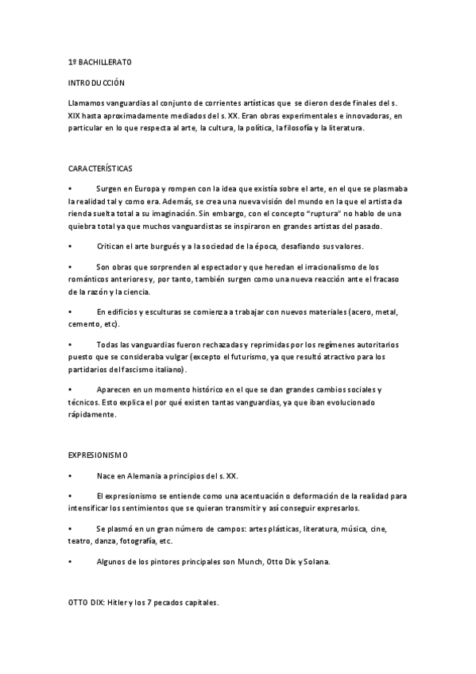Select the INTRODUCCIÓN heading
tap(96, 83)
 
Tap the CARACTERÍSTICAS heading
tap(101, 169)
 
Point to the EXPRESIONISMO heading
tap(99, 455)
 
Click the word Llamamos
tap(86, 103)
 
